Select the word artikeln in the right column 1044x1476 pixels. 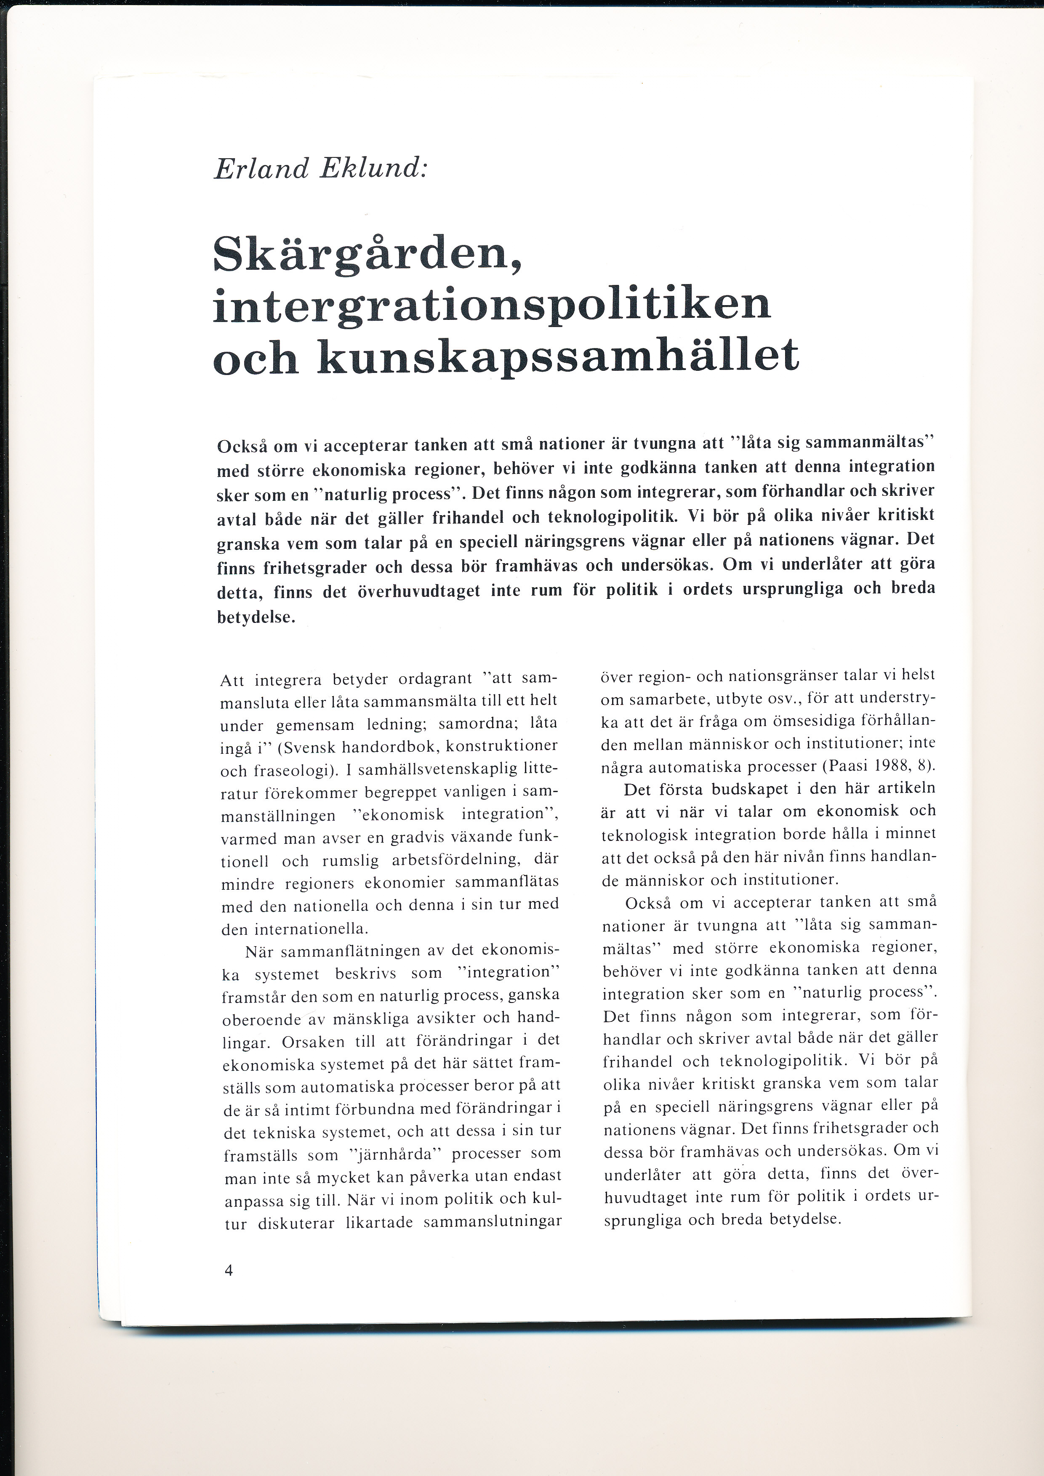coord(906,789)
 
